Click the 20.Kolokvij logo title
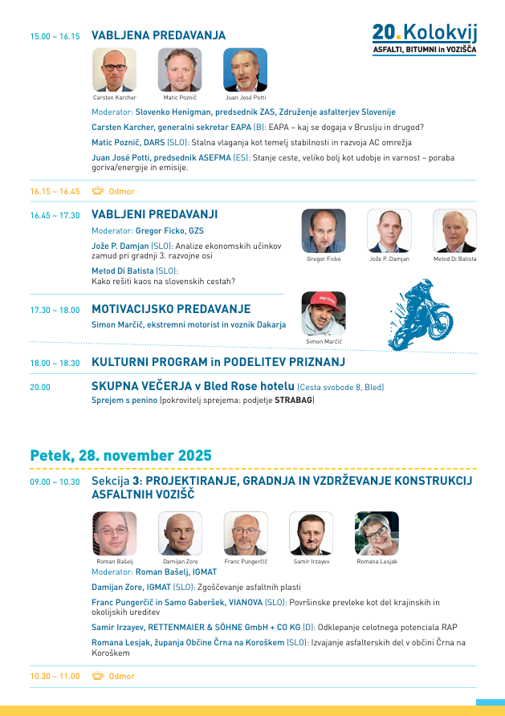[x=424, y=33]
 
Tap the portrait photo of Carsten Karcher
[x=115, y=70]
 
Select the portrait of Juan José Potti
[x=245, y=70]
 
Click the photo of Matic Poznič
[x=180, y=70]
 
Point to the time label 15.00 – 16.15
[x=55, y=37]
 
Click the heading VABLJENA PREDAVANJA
[x=158, y=36]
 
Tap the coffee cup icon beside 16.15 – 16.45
[x=98, y=191]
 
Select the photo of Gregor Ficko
[x=324, y=231]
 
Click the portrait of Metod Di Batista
[x=454, y=231]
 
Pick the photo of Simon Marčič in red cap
[x=324, y=314]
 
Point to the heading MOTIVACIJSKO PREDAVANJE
[x=171, y=309]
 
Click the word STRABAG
[x=294, y=400]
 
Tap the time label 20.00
[x=40, y=387]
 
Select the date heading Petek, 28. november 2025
[x=120, y=455]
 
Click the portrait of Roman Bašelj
[x=115, y=534]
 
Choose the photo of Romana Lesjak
[x=377, y=534]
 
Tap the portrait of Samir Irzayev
[x=311, y=534]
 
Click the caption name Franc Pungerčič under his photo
[x=246, y=562]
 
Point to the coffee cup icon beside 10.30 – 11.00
[x=98, y=676]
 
